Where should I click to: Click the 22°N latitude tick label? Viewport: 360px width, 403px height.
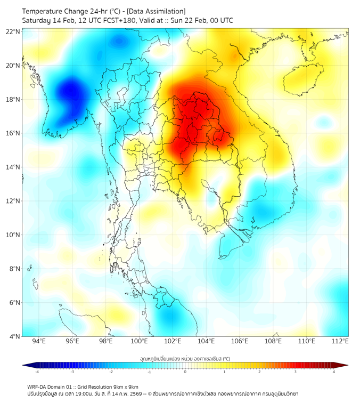[13, 31]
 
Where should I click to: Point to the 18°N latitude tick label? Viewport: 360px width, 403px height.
[13, 99]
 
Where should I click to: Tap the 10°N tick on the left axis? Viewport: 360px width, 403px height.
[13, 235]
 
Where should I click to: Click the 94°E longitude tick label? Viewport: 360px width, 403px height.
[39, 342]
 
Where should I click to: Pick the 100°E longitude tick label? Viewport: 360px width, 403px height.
[139, 342]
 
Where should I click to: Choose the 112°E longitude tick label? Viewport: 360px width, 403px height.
[340, 342]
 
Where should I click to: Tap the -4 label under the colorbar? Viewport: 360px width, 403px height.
[37, 372]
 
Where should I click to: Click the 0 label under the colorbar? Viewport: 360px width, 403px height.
[185, 372]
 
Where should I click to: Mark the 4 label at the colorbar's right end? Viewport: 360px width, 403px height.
[334, 372]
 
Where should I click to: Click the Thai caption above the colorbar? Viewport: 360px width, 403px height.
[185, 359]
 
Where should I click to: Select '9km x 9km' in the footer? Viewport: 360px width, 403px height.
[126, 386]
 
